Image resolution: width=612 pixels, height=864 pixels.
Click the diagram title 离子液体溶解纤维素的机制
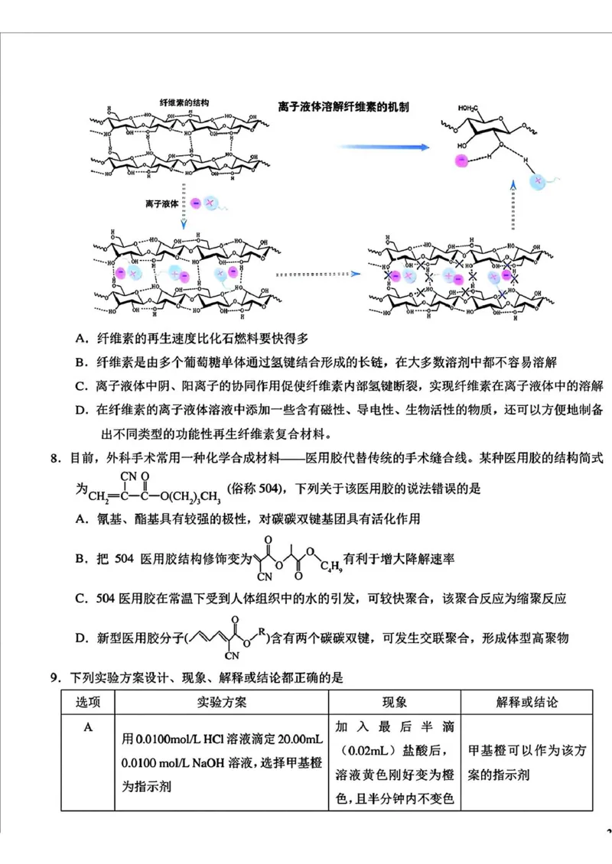click(343, 107)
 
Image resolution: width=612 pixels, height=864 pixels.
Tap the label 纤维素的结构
click(184, 102)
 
